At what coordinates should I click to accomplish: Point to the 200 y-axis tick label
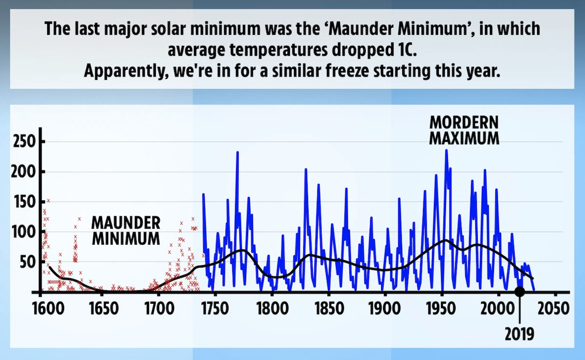coord(21,172)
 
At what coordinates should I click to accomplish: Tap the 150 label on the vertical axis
coord(21,202)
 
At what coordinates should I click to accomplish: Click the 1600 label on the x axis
coord(41,309)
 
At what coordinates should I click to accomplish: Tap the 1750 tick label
coord(214,309)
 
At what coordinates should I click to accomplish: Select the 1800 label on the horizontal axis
coord(272,309)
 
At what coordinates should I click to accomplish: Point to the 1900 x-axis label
coord(385,309)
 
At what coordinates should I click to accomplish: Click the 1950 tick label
coord(442,309)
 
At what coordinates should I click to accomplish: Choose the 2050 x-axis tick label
coord(556,309)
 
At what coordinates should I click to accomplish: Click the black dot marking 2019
coord(520,292)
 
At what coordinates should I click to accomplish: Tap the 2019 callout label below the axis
coord(520,334)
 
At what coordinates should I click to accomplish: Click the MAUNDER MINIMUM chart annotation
coord(126,230)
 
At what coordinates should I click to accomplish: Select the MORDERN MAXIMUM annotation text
coord(464,130)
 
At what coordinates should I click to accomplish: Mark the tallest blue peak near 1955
coord(446,151)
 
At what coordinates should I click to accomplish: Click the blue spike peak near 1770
coord(238,153)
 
